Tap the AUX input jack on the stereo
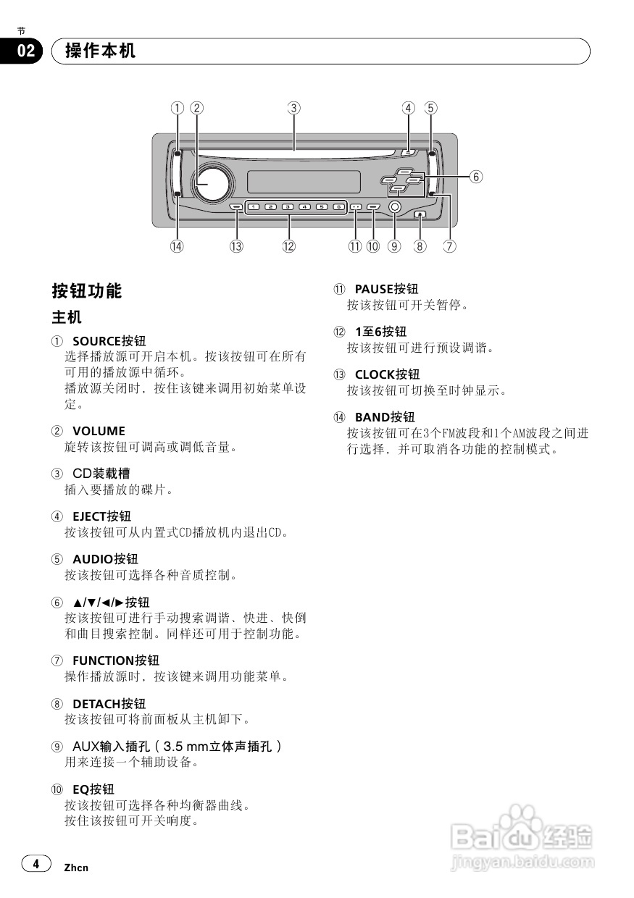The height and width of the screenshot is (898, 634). click(394, 206)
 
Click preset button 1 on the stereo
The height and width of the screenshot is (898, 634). click(254, 207)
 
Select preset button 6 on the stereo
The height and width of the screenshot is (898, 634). click(338, 207)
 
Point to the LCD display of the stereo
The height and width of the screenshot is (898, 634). click(304, 181)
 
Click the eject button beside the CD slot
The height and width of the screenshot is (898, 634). click(407, 152)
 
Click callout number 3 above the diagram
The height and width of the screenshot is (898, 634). click(293, 108)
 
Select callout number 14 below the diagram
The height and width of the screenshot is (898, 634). click(177, 246)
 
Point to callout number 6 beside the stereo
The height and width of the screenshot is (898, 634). click(475, 176)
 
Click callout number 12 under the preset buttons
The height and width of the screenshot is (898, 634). click(289, 246)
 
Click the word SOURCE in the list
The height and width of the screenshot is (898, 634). click(97, 341)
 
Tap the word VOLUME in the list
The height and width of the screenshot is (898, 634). click(99, 431)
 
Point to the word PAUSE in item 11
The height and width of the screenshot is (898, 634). click(373, 290)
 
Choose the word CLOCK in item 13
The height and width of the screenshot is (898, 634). click(375, 374)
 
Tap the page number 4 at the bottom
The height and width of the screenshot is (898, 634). click(36, 863)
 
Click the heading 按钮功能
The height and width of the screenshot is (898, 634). click(87, 291)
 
